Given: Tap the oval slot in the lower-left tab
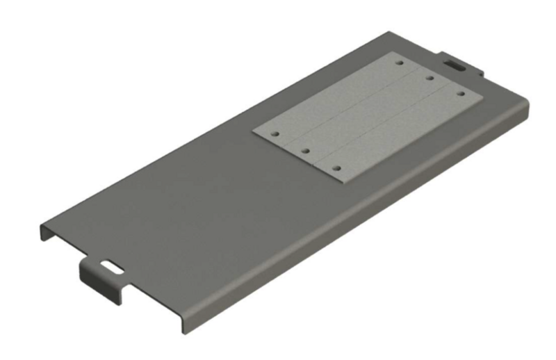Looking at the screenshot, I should [x=110, y=265].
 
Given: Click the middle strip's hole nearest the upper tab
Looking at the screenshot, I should [x=430, y=78].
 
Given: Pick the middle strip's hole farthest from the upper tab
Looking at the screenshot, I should [x=305, y=149].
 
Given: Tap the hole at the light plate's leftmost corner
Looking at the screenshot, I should [x=275, y=131].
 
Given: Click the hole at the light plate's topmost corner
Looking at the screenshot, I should [x=400, y=63].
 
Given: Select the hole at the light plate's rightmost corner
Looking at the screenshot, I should [x=460, y=93].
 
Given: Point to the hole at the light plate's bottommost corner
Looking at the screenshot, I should [x=336, y=168].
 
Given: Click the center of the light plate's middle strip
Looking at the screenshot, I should [x=368, y=114].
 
